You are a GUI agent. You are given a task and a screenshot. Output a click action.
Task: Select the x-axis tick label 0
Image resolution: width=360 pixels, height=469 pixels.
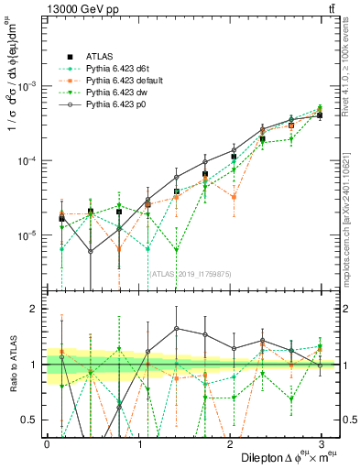pyautogui.click(x=46, y=442)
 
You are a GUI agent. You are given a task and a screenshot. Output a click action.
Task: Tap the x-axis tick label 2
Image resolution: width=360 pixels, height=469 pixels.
pyautogui.click(x=229, y=442)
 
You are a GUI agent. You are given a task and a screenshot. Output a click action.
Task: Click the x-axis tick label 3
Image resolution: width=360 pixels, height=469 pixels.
pyautogui.click(x=321, y=442)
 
